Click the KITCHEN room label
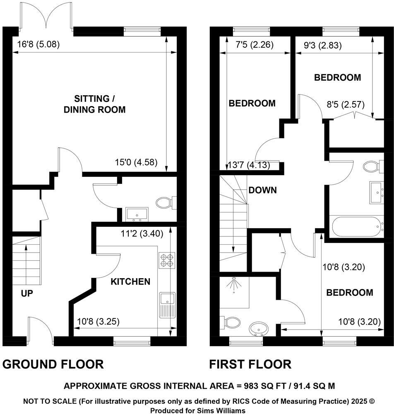[130, 282]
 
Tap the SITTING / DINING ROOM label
[100, 104]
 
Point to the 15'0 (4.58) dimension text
[136, 162]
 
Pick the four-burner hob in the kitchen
[167, 260]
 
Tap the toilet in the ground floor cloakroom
[166, 203]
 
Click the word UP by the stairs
[27, 294]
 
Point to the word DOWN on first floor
[262, 190]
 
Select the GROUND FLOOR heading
[53, 364]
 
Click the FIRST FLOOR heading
[250, 364]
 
